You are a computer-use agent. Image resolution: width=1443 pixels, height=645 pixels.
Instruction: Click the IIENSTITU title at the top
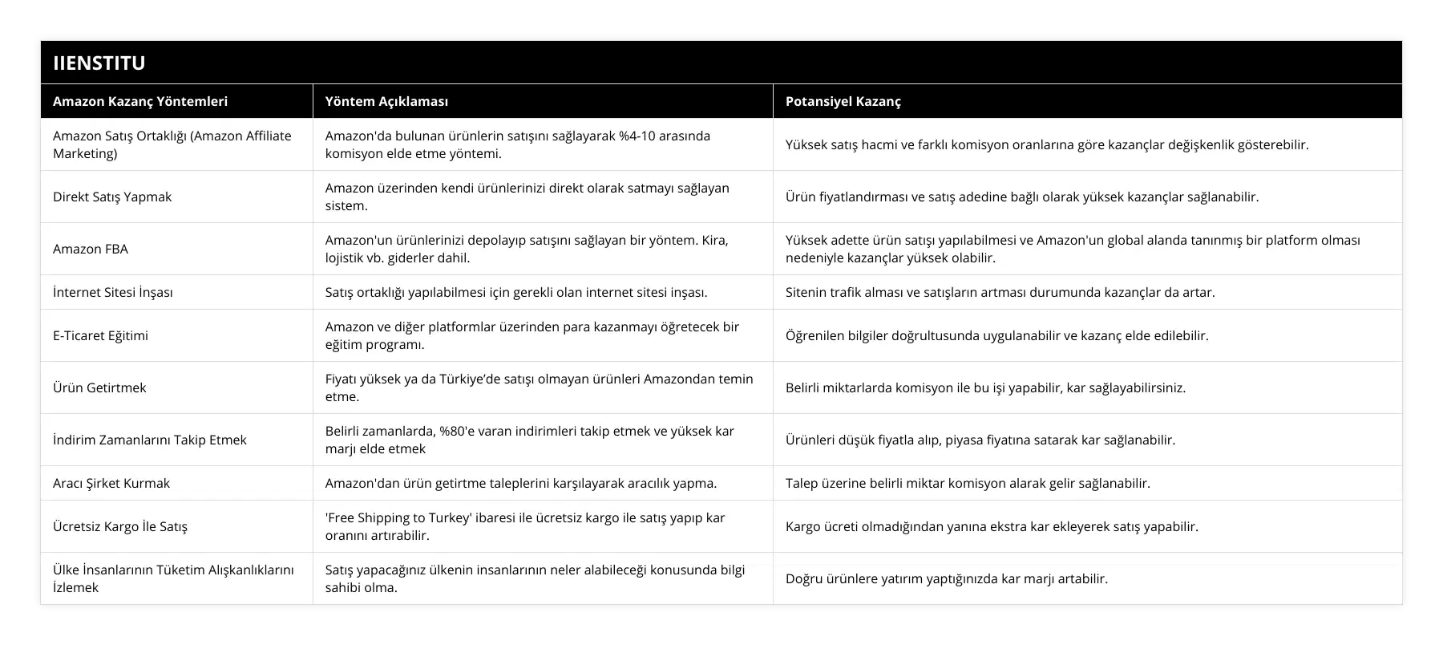pos(99,63)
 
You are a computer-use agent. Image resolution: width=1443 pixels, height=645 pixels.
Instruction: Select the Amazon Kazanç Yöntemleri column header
pos(140,101)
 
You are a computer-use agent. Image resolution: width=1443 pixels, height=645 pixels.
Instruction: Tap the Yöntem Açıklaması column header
pos(386,101)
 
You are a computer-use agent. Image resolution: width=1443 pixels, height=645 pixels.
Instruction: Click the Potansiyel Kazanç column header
pos(843,101)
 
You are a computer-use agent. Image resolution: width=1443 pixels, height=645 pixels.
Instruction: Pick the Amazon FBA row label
pos(91,249)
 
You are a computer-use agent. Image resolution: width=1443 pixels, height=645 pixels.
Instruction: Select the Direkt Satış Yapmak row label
pos(112,197)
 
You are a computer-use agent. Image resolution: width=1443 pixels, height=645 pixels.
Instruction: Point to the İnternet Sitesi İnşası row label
pos(112,292)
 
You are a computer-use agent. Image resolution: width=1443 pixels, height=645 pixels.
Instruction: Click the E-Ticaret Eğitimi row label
pos(100,335)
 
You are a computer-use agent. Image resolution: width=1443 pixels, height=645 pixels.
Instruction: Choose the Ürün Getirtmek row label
pos(99,387)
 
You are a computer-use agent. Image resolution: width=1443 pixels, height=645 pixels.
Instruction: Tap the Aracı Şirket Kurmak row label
pos(111,483)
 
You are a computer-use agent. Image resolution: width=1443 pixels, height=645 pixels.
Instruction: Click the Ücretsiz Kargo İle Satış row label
pos(120,526)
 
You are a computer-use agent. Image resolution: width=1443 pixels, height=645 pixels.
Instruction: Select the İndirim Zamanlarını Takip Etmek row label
pos(150,440)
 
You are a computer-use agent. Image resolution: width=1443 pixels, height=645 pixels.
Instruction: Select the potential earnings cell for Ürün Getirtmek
pos(985,387)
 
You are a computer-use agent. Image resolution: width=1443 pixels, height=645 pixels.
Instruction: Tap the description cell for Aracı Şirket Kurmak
pos(521,483)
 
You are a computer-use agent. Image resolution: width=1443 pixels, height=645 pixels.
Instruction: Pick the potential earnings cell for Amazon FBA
pos(1073,249)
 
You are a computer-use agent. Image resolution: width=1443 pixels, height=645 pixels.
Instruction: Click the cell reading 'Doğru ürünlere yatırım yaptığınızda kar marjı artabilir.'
pos(947,578)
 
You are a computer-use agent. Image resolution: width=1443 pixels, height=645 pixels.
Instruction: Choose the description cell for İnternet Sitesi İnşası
pos(516,292)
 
